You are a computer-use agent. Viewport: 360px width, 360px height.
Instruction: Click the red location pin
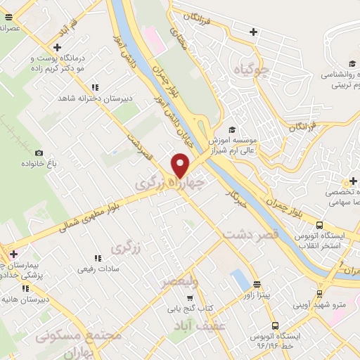tap(181, 165)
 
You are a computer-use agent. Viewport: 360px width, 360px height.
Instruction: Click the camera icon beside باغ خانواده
tap(39, 153)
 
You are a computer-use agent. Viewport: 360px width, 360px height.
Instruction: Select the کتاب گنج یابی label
tap(189, 307)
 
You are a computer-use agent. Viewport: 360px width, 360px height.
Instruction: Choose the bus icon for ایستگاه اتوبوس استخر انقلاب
tap(320, 226)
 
